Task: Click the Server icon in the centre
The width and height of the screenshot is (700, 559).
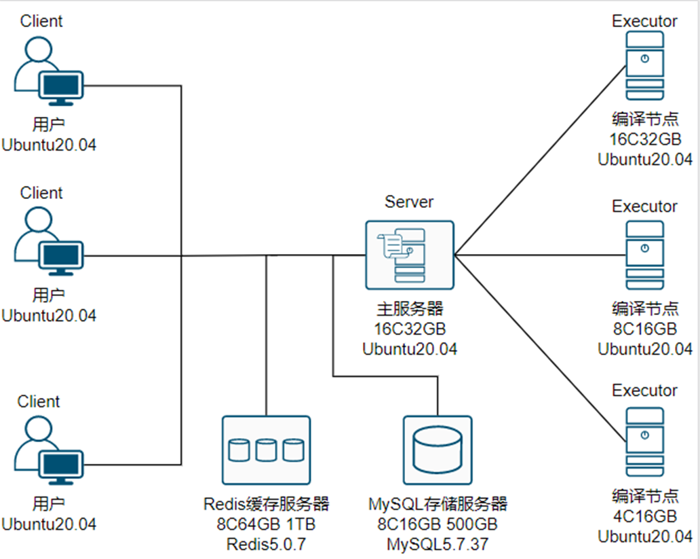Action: click(409, 255)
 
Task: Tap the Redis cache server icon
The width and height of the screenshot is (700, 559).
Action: click(266, 450)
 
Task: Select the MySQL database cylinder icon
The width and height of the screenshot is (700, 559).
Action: click(438, 450)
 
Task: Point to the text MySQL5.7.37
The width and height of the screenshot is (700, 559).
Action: click(437, 544)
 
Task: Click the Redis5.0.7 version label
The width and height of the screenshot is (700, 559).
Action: click(266, 544)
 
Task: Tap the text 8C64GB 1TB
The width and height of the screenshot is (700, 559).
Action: click(266, 524)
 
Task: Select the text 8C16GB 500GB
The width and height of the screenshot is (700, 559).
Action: click(437, 524)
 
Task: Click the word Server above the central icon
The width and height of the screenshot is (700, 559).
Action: click(409, 202)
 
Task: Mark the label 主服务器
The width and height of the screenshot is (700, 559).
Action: click(409, 309)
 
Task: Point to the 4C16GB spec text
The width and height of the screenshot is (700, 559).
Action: click(644, 516)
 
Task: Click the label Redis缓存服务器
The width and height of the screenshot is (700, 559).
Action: click(266, 504)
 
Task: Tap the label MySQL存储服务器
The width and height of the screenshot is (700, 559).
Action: click(437, 504)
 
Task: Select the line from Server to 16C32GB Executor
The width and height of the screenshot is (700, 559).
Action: click(539, 161)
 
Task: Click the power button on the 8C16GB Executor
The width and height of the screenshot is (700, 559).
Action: click(644, 248)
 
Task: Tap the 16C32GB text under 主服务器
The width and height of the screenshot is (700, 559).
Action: click(409, 329)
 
